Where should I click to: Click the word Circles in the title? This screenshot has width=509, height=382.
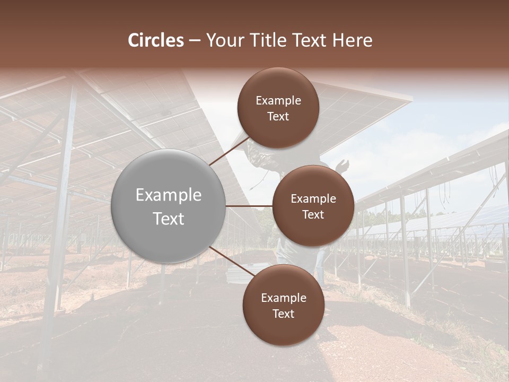[156, 40]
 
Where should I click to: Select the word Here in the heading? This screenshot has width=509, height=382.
[352, 40]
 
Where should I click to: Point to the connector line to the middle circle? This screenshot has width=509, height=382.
[249, 206]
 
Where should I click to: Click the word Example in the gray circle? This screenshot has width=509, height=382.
[169, 195]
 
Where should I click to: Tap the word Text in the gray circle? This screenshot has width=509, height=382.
[169, 219]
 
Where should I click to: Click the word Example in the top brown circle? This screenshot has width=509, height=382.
[278, 100]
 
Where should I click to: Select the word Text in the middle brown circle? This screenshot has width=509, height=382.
[313, 214]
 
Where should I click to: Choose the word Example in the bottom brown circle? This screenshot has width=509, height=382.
[284, 298]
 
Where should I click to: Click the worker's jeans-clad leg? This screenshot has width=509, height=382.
[320, 265]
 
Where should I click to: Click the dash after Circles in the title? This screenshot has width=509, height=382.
[195, 41]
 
